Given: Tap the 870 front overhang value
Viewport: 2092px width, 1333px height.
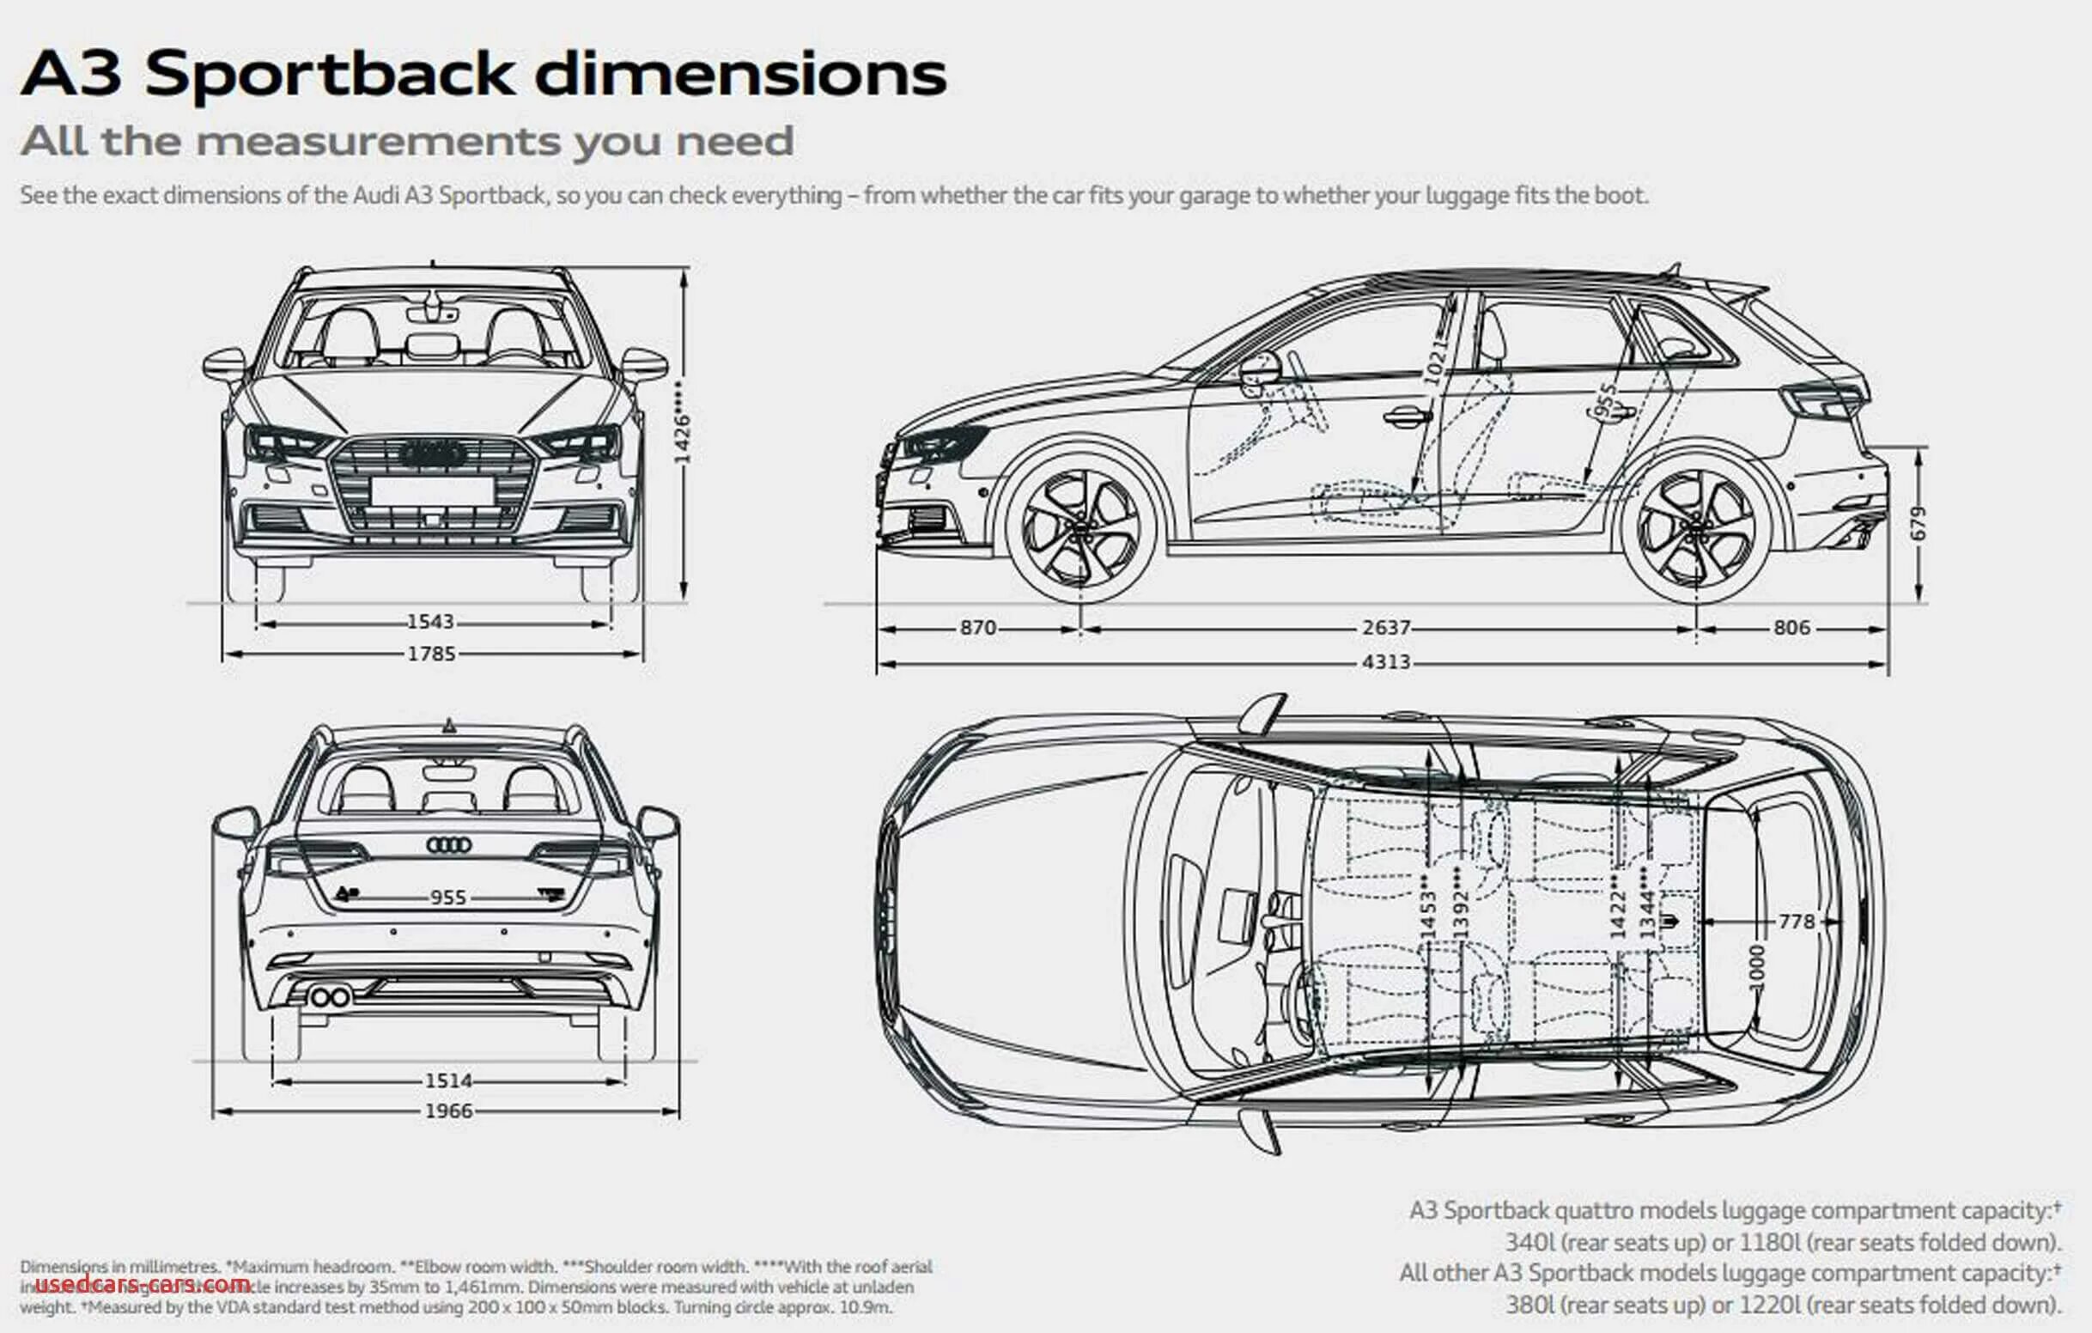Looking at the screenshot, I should coord(977,627).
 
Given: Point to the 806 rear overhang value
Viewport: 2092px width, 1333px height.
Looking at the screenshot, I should coord(1791,627).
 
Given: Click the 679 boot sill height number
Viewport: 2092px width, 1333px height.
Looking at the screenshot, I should coord(1919,523).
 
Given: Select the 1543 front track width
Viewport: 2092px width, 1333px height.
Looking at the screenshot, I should coord(431,622).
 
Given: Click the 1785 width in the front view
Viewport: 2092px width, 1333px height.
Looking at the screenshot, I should coord(431,654).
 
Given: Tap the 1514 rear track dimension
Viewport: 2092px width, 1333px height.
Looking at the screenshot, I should coord(448,1081).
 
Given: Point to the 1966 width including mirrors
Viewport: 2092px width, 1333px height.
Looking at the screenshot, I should coord(448,1111).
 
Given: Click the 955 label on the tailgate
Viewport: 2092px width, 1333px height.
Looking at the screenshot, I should coord(448,898).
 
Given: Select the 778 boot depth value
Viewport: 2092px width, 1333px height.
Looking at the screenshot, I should coord(1797,921).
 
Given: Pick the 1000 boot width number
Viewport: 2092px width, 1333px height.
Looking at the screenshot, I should coord(1757,966).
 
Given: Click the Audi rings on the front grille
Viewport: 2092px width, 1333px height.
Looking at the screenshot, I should coord(433,453).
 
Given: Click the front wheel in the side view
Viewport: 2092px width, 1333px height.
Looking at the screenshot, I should coord(1079,528).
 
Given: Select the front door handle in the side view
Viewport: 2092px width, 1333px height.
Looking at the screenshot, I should coord(1404,417).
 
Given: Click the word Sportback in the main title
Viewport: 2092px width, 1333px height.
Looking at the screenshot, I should coord(330,74).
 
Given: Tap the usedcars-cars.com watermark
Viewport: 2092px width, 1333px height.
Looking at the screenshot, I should coord(143,1283).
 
